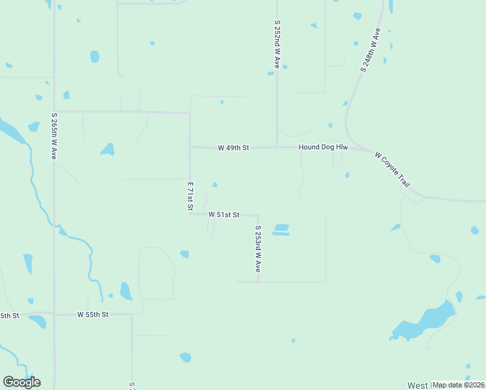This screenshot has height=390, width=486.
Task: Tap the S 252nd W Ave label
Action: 277,44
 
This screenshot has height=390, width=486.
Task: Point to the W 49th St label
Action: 233,148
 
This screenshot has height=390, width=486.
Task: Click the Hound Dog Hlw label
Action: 324,148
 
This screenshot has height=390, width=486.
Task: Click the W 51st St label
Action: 224,214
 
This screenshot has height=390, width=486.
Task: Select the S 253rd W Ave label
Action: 258,249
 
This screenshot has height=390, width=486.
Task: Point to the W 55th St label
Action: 92,315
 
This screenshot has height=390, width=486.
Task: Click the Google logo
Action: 21,382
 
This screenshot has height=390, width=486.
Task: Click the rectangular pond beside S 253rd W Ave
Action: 281,229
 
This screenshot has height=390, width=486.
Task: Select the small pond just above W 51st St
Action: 214,185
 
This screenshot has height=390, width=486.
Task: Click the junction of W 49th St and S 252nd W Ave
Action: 277,147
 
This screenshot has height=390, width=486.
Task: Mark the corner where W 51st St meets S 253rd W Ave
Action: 259,215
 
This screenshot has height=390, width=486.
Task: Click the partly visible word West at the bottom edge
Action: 417,385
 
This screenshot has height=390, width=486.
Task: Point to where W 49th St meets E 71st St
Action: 190,148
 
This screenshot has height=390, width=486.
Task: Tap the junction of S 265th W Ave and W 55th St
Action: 55,315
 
